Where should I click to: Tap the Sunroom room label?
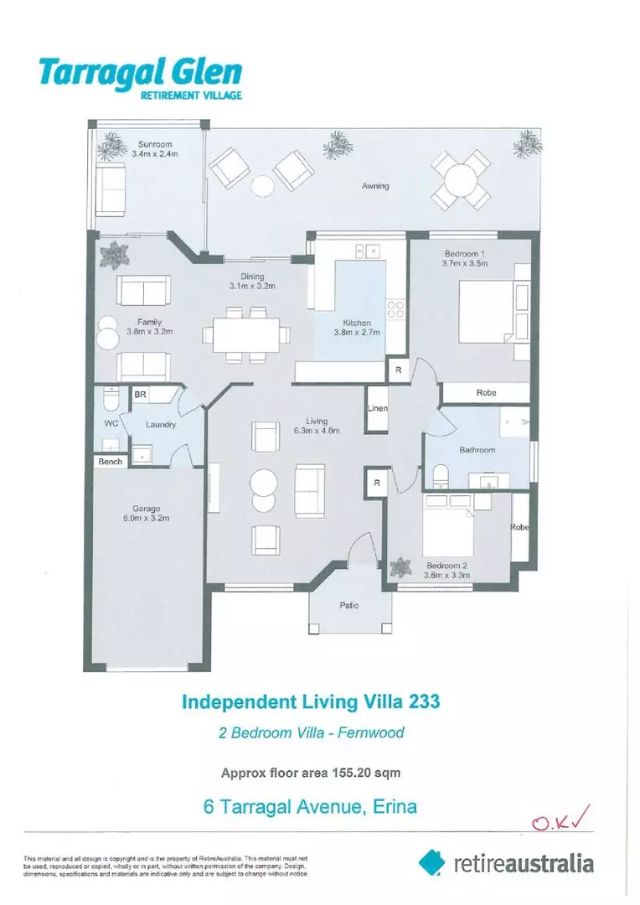154,145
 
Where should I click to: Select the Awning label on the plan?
375,186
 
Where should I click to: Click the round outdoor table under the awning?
460,178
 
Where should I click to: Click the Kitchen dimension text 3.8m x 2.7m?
362,333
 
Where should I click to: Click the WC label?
111,424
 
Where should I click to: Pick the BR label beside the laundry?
142,394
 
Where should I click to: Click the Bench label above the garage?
110,462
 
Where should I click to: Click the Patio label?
349,606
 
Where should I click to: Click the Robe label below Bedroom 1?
486,392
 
